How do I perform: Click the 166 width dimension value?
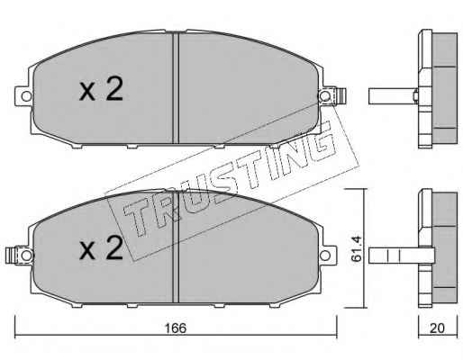(x=176, y=328)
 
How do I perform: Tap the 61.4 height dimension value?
(x=357, y=248)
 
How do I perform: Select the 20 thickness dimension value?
(x=437, y=328)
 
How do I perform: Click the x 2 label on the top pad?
(x=101, y=88)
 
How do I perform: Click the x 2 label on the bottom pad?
(x=101, y=247)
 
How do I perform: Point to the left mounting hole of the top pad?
(x=26, y=96)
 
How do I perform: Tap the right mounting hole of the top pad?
(x=324, y=96)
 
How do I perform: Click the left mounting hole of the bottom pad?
(x=26, y=256)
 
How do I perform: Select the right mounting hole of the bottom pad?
(x=324, y=256)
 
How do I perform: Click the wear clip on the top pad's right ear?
(x=341, y=96)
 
